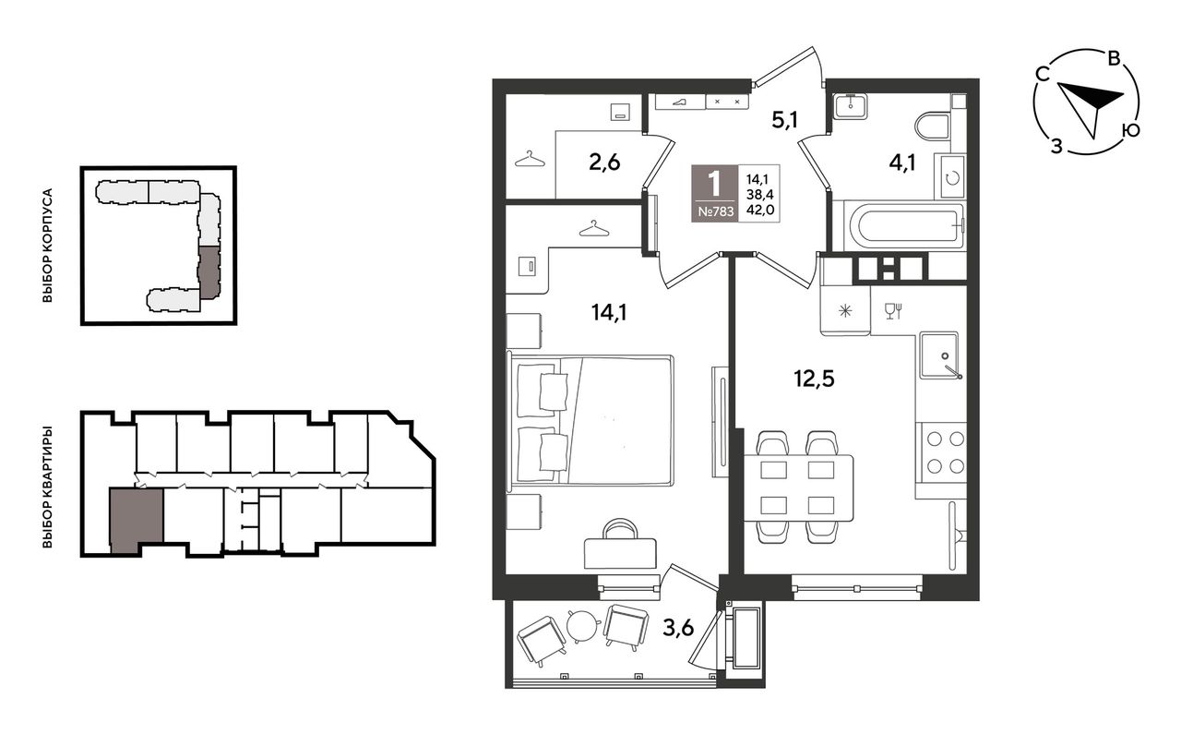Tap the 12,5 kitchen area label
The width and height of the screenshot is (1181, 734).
pos(814,379)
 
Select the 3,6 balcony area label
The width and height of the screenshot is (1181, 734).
pos(678,628)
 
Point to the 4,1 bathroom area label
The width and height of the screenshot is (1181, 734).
pos(902,163)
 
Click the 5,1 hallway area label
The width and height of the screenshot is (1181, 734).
pos(784,120)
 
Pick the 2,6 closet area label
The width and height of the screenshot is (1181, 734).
pos(604,162)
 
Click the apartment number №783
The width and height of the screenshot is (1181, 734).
pos(715,211)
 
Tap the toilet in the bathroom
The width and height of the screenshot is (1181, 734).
pos(933,126)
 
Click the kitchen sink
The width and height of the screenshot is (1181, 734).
pos(939,355)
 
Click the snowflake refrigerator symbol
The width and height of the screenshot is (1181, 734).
pos(844,311)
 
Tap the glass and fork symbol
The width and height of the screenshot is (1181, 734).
pos(893,311)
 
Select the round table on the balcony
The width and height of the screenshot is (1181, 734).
pos(584,625)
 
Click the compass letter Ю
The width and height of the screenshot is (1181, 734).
pos(1130,130)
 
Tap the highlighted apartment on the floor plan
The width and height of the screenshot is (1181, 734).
pos(136,519)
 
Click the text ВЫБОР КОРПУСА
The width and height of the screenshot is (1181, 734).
pos(47,246)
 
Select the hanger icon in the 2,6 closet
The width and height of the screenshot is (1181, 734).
pos(530,159)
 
